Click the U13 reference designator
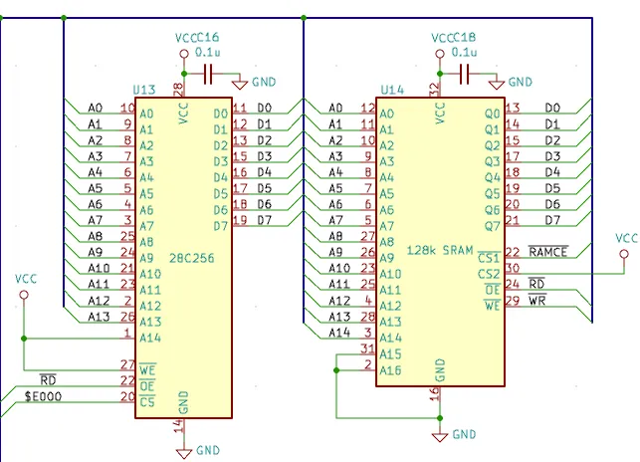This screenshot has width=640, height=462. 144,90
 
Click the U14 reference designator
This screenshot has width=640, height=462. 392,90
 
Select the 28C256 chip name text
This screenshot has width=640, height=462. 191,258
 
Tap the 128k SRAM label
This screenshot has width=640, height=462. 440,250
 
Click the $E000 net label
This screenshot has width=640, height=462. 43,396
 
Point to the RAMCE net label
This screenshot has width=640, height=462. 548,252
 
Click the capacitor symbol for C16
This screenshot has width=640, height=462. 208,74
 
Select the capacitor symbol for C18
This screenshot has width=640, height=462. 465,74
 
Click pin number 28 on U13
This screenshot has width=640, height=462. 178,89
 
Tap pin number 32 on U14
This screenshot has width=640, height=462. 434,89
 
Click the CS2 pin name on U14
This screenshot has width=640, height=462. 489,274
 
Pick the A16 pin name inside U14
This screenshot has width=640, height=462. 390,370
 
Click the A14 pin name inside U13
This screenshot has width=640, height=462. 150,339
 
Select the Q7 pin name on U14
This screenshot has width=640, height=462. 493,226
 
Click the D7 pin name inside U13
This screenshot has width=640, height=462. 221,226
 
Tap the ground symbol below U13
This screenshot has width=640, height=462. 184,453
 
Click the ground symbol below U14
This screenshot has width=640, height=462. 440,437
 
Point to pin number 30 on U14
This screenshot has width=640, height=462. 513,268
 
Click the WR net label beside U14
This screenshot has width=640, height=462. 537,301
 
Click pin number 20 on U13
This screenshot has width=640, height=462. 127,396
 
